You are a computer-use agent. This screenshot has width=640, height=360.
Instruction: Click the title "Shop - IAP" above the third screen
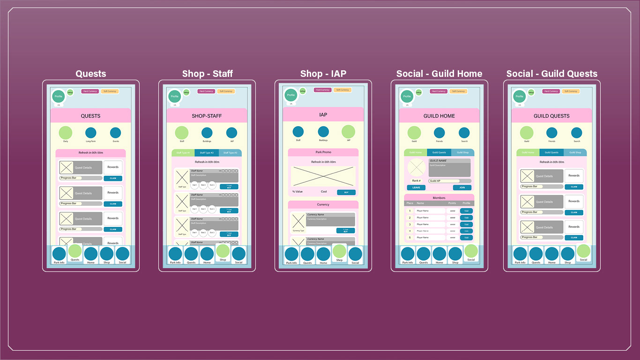(323, 74)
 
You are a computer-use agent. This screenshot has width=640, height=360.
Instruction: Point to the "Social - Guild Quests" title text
(552, 74)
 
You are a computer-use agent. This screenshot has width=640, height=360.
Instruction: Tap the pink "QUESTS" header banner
(90, 116)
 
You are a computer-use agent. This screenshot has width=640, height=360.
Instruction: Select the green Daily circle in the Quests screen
(66, 133)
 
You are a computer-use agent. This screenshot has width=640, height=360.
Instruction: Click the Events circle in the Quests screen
(116, 133)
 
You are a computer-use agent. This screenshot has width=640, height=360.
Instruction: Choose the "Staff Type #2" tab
(207, 153)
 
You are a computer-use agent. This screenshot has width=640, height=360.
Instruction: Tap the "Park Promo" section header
(323, 152)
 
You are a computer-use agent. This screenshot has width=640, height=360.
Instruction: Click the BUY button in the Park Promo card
(346, 192)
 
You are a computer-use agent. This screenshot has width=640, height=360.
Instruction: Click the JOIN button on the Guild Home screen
(462, 187)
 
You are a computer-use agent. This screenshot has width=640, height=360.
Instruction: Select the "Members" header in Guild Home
(439, 198)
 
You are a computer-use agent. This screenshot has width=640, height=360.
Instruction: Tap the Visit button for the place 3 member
(466, 225)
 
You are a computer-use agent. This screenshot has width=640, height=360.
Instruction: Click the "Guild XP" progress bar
(450, 181)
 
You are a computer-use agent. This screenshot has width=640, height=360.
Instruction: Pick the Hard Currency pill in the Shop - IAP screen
(322, 90)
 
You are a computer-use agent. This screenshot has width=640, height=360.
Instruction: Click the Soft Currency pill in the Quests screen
(110, 91)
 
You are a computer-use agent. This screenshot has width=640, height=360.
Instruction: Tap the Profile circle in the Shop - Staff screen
(175, 96)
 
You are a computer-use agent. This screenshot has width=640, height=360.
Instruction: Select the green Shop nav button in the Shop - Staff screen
(223, 252)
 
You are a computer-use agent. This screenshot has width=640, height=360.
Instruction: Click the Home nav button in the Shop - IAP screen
(323, 255)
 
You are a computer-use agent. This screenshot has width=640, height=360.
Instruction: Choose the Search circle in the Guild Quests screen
(577, 133)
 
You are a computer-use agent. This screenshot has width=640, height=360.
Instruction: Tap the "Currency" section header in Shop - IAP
(323, 204)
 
